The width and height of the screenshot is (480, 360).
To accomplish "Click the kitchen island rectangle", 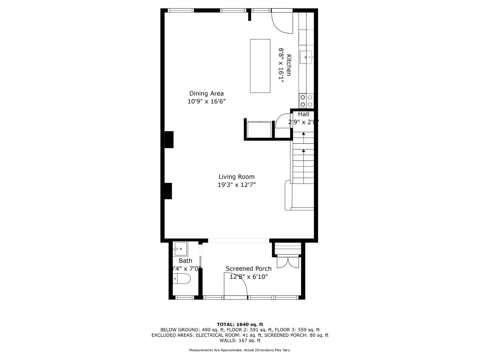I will click(260, 66).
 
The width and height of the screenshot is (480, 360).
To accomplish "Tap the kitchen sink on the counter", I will click(306, 57).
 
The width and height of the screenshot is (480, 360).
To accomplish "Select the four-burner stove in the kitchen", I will click(306, 101).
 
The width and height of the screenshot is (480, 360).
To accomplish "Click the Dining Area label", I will click(206, 94).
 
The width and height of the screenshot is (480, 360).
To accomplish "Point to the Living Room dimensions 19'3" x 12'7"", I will click(236, 185).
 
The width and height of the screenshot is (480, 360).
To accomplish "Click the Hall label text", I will click(303, 114).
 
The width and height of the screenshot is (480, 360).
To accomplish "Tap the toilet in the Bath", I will click(182, 279).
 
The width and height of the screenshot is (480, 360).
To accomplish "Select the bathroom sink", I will click(180, 249).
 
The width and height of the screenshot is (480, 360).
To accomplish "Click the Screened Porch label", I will click(248, 269).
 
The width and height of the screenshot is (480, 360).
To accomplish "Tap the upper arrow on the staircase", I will click(303, 133).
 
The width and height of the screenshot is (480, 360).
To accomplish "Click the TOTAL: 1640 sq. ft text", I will click(240, 324).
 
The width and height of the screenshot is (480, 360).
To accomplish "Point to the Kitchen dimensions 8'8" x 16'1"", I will click(281, 65).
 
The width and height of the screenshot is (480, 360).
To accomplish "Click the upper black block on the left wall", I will click(169, 139).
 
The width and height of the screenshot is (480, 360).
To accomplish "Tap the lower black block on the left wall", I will click(168, 191).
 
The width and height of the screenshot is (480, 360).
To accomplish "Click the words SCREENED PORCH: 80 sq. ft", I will click(296, 335).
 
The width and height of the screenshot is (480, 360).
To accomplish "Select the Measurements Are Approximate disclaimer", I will click(240, 350).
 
